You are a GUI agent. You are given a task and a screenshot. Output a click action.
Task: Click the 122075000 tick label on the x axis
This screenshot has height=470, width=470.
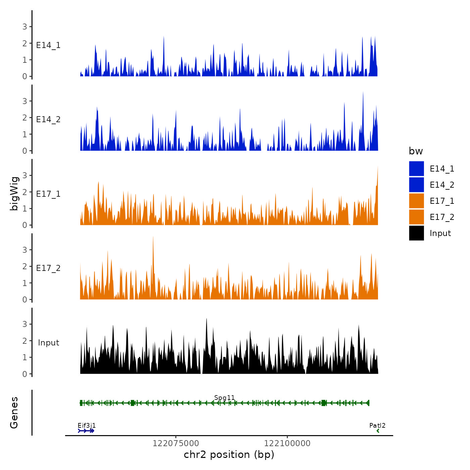176,443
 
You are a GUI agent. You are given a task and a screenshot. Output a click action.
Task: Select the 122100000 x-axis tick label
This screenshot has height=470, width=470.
287,443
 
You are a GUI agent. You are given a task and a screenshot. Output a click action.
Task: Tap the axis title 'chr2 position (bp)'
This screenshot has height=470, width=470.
229,455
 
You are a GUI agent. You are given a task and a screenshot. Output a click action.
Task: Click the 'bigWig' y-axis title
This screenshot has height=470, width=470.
14,194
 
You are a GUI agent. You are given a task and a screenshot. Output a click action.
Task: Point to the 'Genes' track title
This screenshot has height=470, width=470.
14,413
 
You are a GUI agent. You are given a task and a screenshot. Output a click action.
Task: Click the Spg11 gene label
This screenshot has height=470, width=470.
224,398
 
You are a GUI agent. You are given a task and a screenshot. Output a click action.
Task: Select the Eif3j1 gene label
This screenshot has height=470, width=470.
87,426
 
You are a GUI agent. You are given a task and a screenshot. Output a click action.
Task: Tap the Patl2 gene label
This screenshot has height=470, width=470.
377,426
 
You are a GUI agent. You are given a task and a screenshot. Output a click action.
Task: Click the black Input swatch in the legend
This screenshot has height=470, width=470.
416,233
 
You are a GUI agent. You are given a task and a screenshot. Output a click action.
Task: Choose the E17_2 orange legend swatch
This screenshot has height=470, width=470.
416,217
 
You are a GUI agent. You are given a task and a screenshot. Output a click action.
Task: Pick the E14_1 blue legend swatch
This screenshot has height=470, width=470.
416,169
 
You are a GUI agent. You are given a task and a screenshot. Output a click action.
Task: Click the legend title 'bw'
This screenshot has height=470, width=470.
416,151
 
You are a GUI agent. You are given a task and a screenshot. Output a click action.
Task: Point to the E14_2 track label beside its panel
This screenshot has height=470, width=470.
48,120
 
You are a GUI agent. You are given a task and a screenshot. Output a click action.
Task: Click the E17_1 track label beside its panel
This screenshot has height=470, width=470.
48,194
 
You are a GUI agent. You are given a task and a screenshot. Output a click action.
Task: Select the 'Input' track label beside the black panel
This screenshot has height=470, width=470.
48,343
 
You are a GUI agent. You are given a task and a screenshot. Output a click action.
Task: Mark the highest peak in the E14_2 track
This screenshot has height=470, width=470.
363,93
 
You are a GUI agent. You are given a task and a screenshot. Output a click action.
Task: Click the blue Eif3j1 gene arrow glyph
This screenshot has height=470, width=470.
86,431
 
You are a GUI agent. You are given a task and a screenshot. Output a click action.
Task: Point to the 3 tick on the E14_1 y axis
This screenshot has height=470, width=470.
25,27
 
